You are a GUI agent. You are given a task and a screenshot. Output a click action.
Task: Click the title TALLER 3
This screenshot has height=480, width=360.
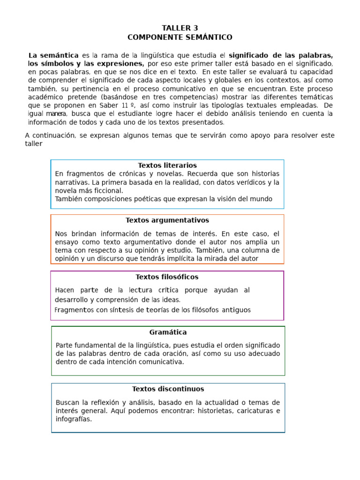pos(180,28)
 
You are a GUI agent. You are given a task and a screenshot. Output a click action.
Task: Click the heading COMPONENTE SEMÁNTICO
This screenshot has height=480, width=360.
pos(180,37)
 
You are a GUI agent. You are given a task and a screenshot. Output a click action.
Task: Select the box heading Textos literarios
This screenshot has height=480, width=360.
pos(167,165)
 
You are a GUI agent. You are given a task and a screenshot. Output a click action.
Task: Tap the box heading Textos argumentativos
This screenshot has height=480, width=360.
pos(167,220)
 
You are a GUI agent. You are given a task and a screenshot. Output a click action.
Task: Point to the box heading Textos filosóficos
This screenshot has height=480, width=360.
pos(167,277)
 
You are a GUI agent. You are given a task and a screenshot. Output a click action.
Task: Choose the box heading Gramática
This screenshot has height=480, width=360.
pos(168,332)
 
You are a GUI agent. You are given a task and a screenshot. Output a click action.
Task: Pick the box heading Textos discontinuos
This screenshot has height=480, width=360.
pos(168,389)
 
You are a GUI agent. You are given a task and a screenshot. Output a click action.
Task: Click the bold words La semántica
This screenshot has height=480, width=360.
pos(53,55)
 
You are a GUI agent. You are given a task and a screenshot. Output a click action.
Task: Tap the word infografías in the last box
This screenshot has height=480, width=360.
pos(74,420)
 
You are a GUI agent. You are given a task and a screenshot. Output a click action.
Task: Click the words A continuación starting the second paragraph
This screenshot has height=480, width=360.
pos(50,135)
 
